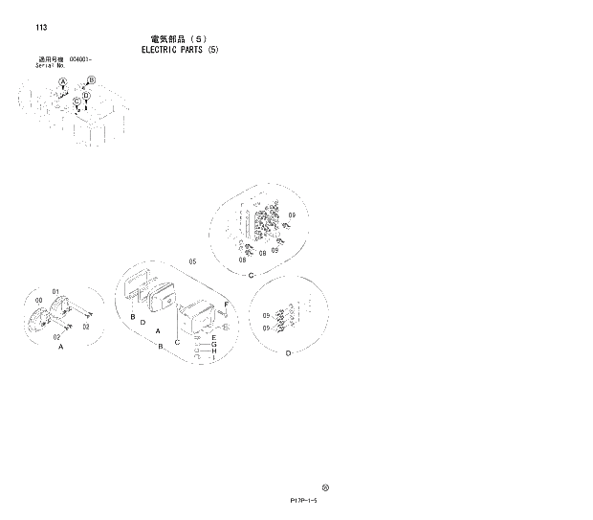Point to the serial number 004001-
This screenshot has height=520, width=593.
click(x=80, y=59)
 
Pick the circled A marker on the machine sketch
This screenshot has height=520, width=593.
click(x=63, y=83)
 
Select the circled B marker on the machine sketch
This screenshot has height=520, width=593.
click(x=91, y=80)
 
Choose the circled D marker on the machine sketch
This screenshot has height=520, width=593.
click(x=86, y=97)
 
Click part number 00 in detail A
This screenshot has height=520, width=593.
click(x=38, y=300)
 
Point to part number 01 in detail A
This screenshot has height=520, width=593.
click(x=56, y=291)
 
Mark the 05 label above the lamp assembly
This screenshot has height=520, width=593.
click(x=191, y=260)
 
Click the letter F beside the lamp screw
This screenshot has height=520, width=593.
click(x=226, y=305)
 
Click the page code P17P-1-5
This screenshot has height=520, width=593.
click(x=300, y=500)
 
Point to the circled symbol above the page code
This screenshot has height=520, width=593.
click(x=325, y=486)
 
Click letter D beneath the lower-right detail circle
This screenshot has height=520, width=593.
click(x=287, y=352)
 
